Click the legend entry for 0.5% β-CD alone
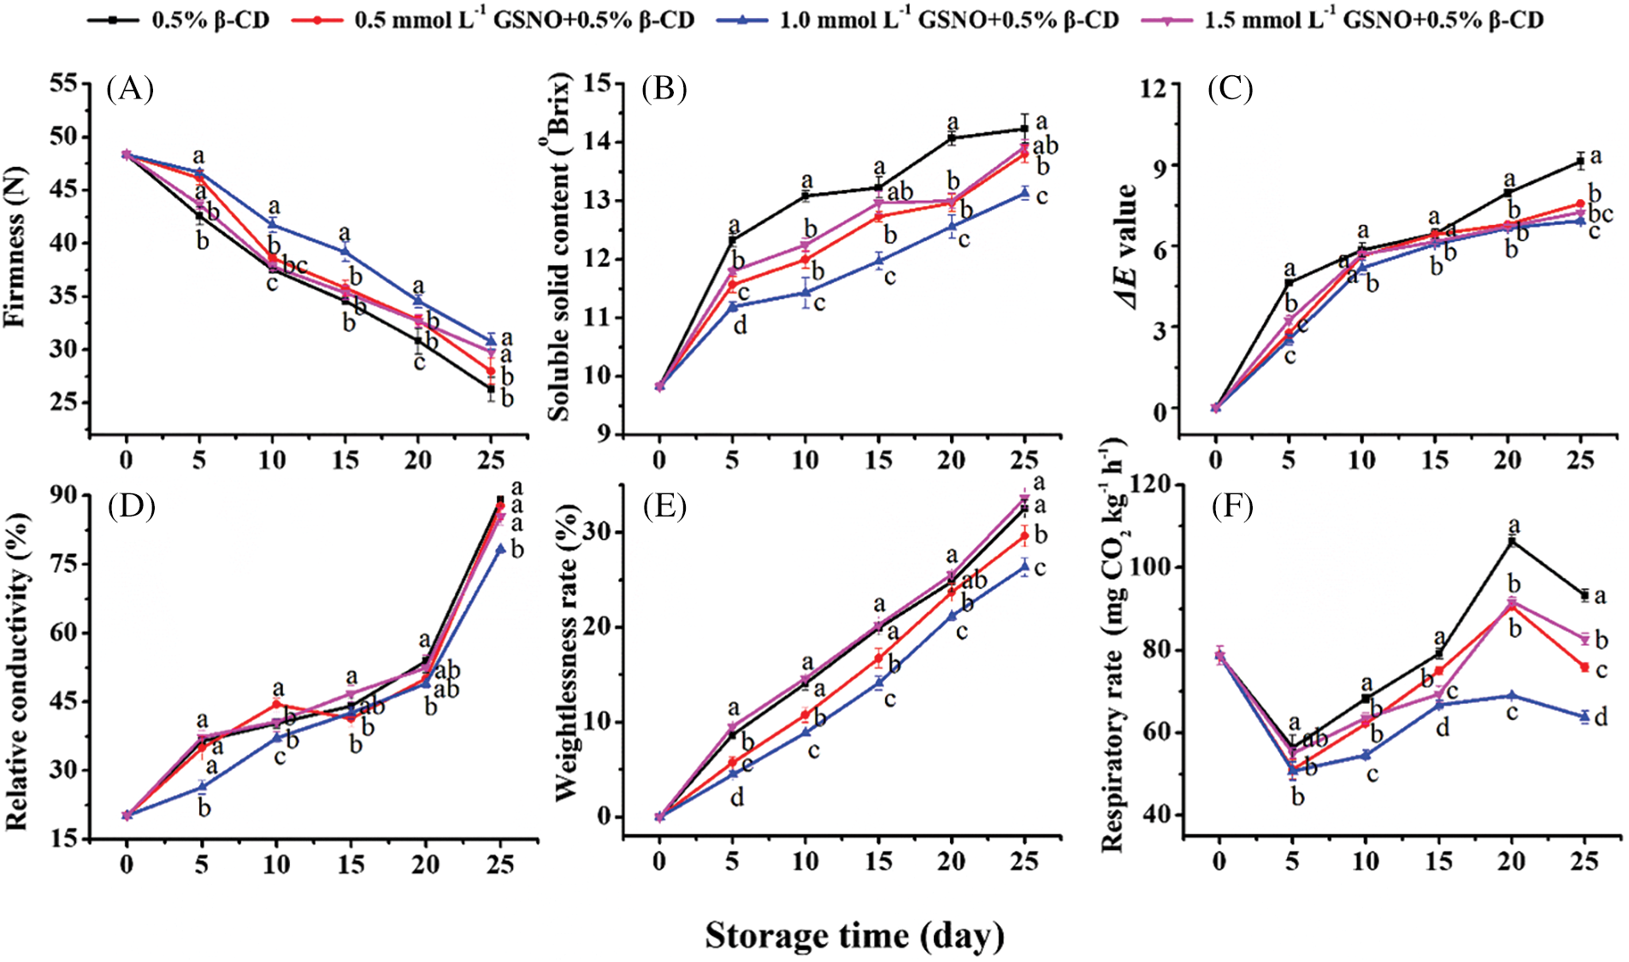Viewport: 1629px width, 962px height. tap(179, 20)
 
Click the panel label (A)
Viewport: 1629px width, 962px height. tap(130, 88)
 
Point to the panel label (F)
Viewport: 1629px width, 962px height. tap(1232, 506)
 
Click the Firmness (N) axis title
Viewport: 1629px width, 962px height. tap(15, 248)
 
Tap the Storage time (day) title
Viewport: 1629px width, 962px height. tap(853, 935)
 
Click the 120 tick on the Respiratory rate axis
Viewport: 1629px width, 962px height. tap(1150, 484)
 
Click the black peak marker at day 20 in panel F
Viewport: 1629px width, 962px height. tap(1512, 540)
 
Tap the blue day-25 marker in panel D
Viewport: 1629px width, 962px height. tap(500, 549)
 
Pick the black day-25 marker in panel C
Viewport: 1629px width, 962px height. tap(1580, 161)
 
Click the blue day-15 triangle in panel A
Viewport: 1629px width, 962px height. tap(345, 251)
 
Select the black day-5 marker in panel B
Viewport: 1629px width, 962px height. tap(732, 240)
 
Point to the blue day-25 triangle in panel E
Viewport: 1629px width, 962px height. tap(1024, 566)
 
